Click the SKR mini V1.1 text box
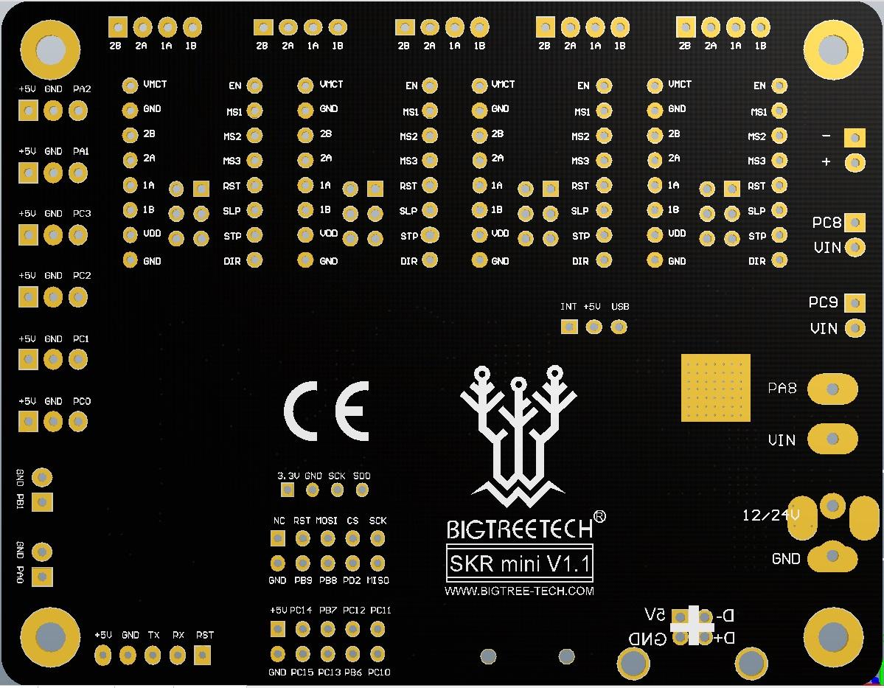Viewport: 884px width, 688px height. coord(519,565)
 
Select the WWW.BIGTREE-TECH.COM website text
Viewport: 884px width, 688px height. coord(519,591)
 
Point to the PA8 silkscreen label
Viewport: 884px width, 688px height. coord(782,388)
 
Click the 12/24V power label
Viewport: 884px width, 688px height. coord(771,515)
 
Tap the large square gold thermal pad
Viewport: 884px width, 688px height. coord(715,388)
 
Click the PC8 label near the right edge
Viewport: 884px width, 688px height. coord(826,222)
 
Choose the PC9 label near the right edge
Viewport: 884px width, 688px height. coord(823,302)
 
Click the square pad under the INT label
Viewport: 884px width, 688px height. coord(569,327)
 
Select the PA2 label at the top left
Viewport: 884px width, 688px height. coord(82,89)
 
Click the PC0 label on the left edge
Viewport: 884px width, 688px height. coord(82,402)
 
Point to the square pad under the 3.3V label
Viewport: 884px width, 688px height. coord(286,490)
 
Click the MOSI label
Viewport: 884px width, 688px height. coord(327,521)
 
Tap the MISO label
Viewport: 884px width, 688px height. coord(377,580)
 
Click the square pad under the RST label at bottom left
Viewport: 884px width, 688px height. coord(202,655)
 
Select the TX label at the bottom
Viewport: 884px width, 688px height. coord(153,635)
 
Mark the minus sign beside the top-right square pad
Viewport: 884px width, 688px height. coord(826,136)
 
